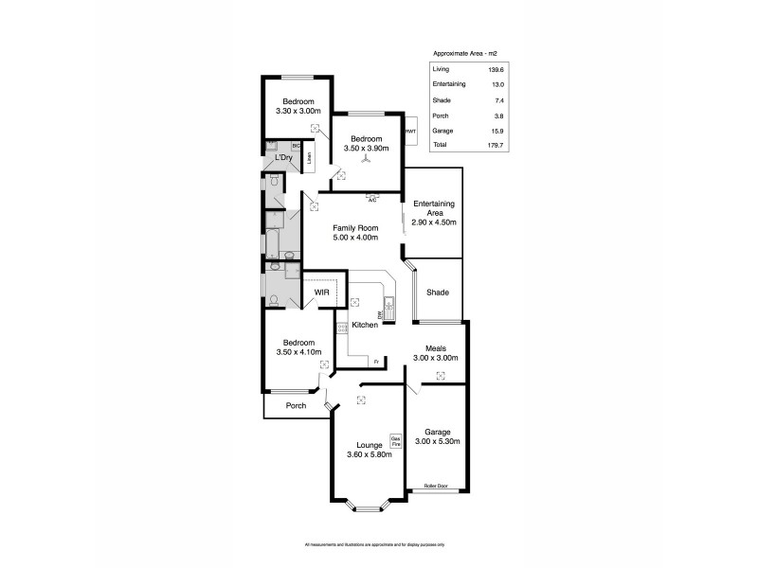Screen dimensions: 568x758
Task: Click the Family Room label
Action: [355, 228]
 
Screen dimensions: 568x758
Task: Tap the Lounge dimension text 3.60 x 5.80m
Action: [370, 454]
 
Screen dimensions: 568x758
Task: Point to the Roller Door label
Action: [437, 487]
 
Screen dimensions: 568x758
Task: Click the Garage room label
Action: [437, 432]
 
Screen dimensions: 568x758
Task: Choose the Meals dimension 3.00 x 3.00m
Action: [436, 358]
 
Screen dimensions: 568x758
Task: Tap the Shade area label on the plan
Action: [437, 293]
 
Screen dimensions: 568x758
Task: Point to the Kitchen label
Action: [365, 325]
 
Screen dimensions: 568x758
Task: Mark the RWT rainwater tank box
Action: [410, 132]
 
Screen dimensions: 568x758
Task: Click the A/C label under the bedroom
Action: [372, 200]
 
